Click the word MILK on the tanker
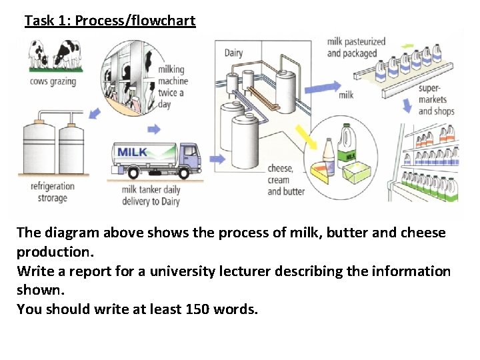(x=133, y=153)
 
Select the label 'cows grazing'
(x=53, y=82)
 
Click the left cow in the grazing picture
(x=39, y=53)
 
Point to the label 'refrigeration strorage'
(x=53, y=192)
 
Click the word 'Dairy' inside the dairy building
(x=233, y=53)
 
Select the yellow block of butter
(x=360, y=173)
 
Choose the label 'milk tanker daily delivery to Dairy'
(x=151, y=195)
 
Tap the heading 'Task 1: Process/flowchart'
(x=110, y=21)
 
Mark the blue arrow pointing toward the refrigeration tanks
(x=95, y=115)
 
